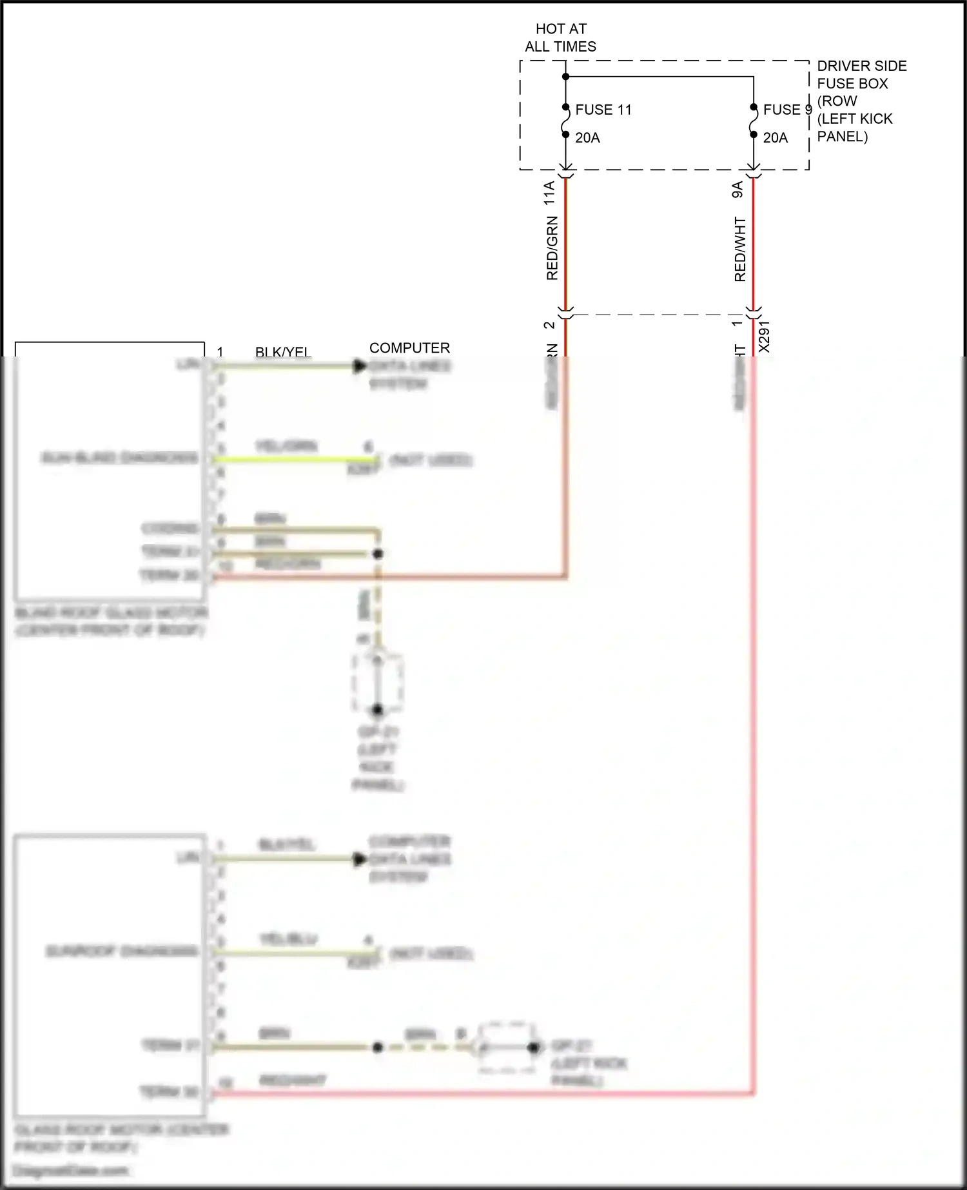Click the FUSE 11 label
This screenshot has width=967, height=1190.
pos(603,110)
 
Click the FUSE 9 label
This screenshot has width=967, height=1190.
pos(786,110)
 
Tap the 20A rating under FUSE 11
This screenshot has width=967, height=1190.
pos(587,138)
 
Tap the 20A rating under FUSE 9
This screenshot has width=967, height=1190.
pos(775,138)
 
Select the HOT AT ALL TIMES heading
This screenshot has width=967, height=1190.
pos(560,37)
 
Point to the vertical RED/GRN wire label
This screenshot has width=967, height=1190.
pos(552,248)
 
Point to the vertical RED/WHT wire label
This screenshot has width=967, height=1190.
pos(739,249)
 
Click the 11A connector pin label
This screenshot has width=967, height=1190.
pos(549,193)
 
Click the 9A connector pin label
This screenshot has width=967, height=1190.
pos(737,190)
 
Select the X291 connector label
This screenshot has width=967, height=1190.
pos(764,337)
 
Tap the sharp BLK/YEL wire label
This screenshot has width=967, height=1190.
pos(282,352)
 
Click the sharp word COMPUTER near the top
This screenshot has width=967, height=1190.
pos(409,348)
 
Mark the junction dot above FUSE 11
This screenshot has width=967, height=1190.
pos(565,77)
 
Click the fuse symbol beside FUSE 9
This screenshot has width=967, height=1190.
pos(753,121)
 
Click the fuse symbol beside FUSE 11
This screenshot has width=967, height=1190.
pos(565,121)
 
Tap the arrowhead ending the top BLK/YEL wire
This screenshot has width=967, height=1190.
pos(359,366)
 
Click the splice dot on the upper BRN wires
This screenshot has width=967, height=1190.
pos(378,554)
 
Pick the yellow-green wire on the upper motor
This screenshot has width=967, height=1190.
pos(293,459)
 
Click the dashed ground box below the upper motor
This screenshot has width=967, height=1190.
pos(378,682)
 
